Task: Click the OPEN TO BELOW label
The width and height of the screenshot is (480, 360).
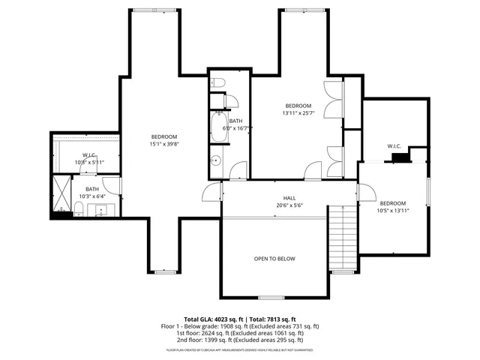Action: click(x=274, y=259)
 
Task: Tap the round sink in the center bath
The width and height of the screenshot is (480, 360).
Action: click(x=216, y=159)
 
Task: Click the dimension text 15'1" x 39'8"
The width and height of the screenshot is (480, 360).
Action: click(x=163, y=144)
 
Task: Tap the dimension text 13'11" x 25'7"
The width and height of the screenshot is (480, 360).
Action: click(x=298, y=113)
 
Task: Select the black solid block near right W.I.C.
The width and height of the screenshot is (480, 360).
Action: click(x=402, y=157)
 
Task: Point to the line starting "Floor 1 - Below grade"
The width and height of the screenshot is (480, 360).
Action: click(x=240, y=326)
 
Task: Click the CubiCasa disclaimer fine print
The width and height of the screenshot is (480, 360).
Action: click(x=240, y=349)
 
